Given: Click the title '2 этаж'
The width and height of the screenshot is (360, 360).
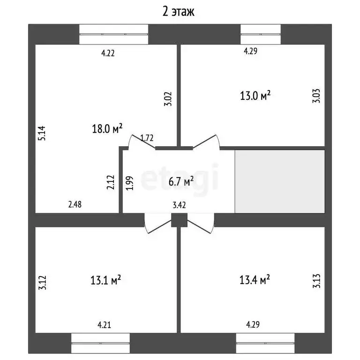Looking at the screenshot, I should [x=179, y=12].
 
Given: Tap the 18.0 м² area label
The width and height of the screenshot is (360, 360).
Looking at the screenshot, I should [x=107, y=128].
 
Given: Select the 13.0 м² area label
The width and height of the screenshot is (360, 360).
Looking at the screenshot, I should [x=255, y=96].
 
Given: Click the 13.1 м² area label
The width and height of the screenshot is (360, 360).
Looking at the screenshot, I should [x=106, y=280].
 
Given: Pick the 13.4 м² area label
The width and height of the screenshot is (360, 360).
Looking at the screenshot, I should [x=255, y=280].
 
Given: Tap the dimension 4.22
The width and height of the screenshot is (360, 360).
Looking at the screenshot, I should [x=108, y=53].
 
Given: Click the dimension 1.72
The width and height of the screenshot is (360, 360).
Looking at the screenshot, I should [x=148, y=138].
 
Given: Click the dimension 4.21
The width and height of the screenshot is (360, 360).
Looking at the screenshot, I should [x=104, y=324].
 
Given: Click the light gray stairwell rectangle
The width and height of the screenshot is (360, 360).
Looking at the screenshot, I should [x=280, y=181].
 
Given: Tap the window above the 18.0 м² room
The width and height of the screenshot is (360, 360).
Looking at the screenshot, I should [x=113, y=34].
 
